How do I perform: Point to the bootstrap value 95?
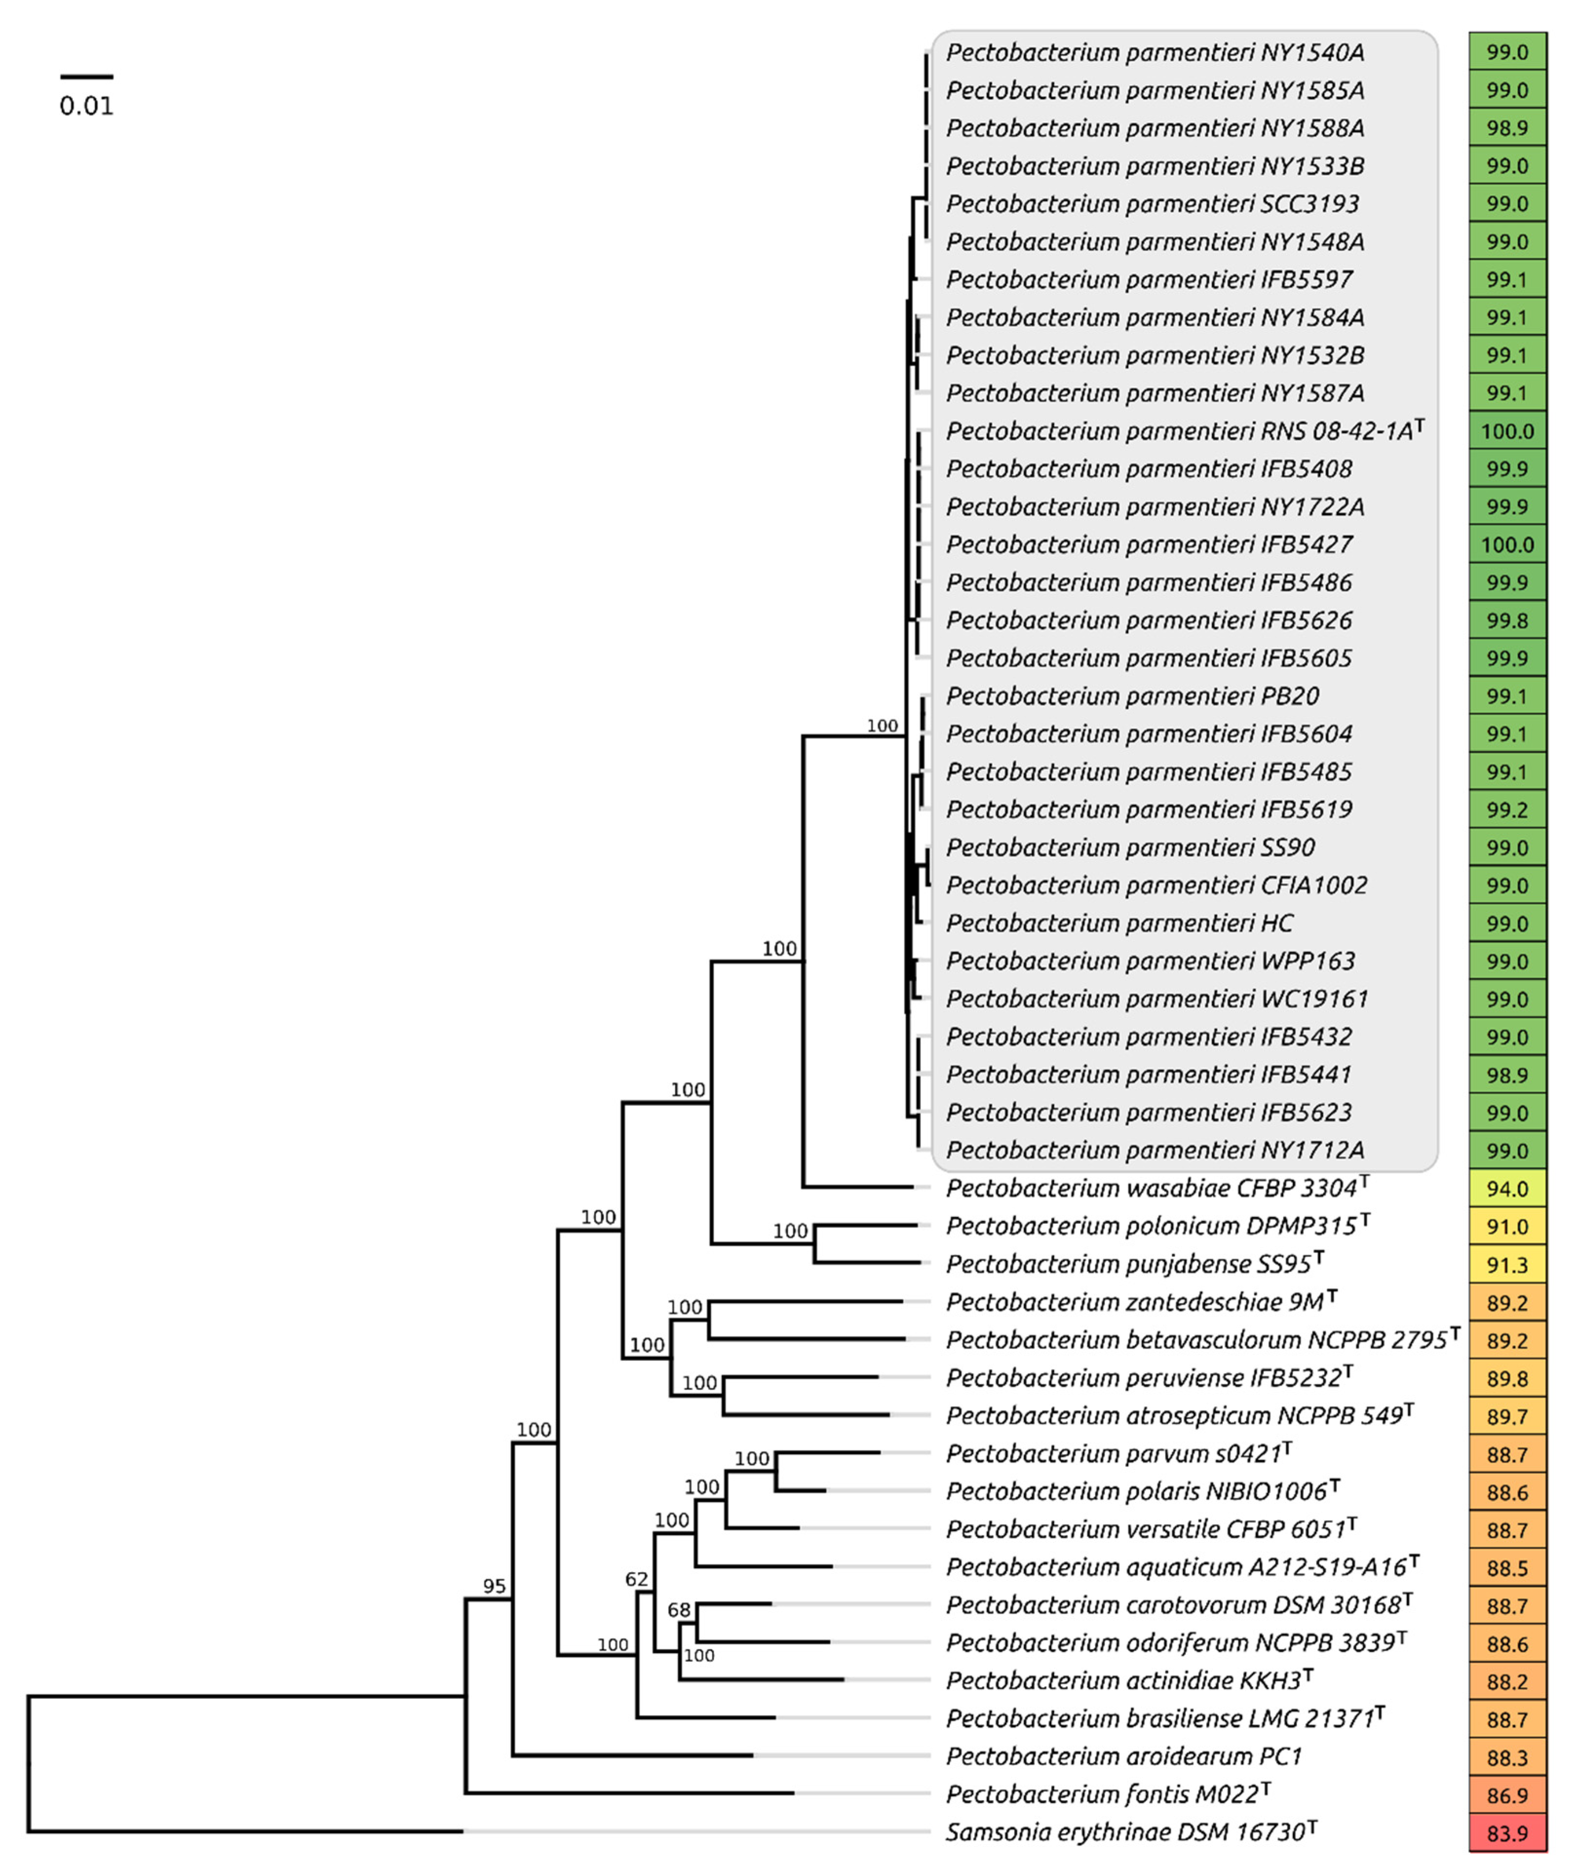[494, 1585]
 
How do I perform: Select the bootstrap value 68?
[679, 1610]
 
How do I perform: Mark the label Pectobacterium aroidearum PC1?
[1124, 1755]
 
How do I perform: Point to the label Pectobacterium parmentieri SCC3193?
[1152, 204]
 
